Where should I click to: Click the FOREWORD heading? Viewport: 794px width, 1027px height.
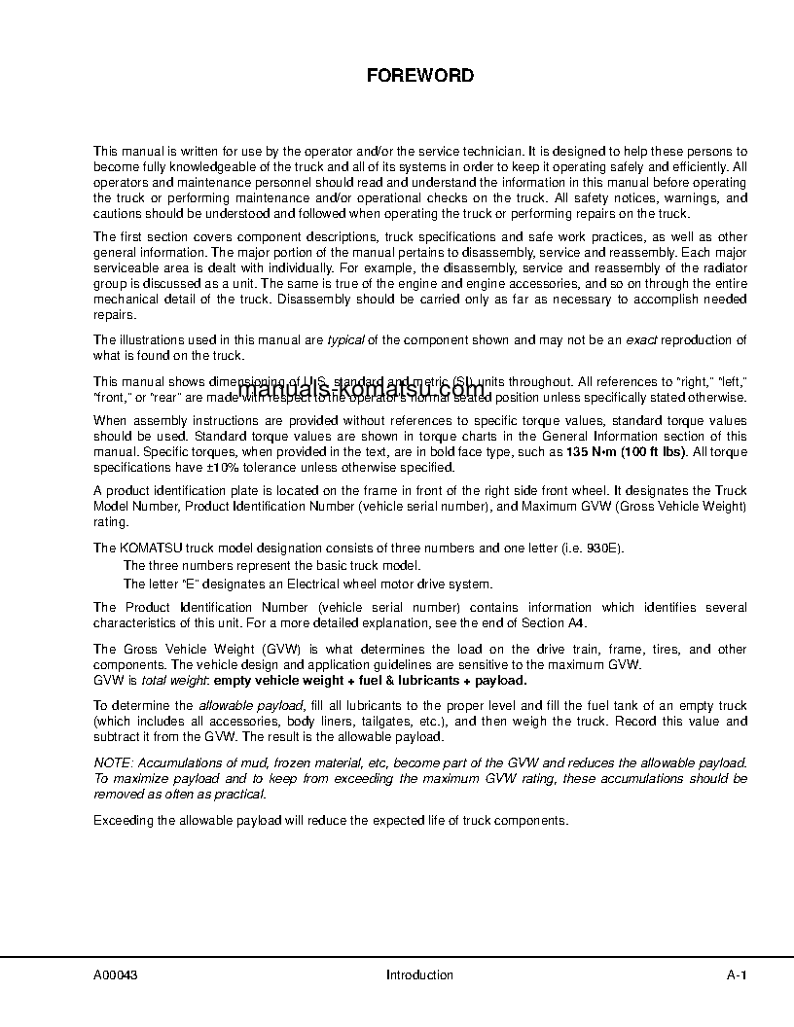(x=419, y=75)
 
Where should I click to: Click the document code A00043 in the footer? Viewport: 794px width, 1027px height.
(x=115, y=975)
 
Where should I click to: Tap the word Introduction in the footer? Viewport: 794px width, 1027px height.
(x=419, y=975)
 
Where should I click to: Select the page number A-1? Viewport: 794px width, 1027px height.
(x=736, y=975)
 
